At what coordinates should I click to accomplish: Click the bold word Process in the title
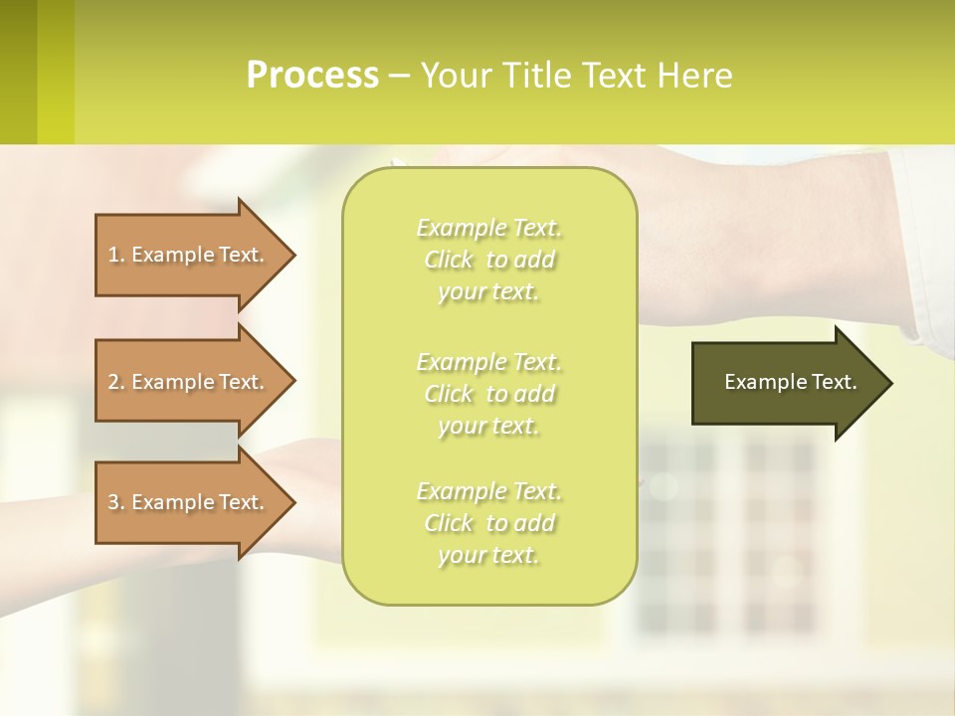[x=312, y=76]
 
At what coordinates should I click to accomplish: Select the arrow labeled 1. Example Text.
[x=189, y=255]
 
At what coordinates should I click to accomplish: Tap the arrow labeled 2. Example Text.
[x=189, y=382]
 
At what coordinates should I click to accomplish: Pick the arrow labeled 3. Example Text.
[x=189, y=502]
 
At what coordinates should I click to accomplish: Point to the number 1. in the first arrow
[x=116, y=255]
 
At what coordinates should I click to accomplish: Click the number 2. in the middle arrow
[x=116, y=382]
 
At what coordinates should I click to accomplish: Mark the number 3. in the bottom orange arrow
[x=116, y=502]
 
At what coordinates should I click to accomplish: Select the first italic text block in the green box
[x=488, y=260]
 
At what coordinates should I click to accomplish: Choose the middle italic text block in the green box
[x=488, y=394]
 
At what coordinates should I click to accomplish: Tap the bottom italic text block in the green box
[x=488, y=523]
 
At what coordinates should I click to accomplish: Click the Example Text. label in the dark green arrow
[x=790, y=382]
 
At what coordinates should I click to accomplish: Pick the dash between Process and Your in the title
[x=400, y=77]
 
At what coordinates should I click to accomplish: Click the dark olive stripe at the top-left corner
[x=18, y=72]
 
